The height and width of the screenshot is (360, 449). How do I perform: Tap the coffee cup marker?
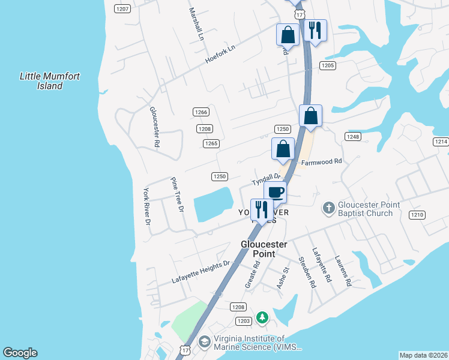coord(275,193)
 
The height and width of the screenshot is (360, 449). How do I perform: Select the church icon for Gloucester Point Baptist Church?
coord(328,208)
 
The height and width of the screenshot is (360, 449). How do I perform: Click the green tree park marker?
coord(262,316)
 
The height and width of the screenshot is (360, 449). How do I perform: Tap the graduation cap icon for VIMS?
coord(205,341)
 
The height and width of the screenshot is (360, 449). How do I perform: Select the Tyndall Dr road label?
coord(265,178)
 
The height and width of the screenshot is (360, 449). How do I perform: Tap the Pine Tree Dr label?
coord(177,195)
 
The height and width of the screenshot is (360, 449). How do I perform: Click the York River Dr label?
coord(146,206)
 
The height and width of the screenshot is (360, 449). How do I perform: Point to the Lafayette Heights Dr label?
coord(201,272)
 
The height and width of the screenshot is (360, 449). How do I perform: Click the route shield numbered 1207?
coord(122,8)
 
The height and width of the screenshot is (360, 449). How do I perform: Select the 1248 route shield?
coord(352,137)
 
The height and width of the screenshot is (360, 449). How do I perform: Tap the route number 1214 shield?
coord(441,142)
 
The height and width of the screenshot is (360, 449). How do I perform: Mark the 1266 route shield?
coord(201,112)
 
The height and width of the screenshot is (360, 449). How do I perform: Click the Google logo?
coord(20,353)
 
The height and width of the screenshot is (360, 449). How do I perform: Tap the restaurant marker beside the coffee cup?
coord(261,210)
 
